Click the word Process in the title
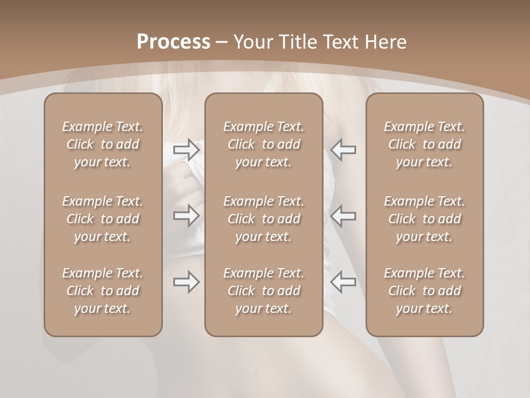pos(173,41)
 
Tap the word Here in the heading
pos(384,41)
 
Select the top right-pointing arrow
pos(186,150)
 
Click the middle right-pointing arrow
pos(186,216)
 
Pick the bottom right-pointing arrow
pos(186,282)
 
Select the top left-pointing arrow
pos(343,150)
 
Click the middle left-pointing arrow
pos(343,216)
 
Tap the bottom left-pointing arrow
pos(343,282)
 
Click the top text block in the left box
pos(103,144)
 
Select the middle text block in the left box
pos(103,219)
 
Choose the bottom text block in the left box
pos(103,291)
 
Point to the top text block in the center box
pos(263,144)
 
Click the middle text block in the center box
pos(263,219)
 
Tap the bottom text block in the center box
pos(263,291)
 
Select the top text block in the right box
pos(424,144)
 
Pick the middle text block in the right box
pos(424,219)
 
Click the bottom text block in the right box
pos(424,291)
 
